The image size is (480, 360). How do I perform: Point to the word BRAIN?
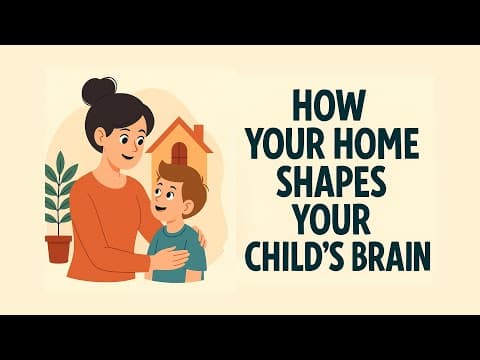coord(390,256)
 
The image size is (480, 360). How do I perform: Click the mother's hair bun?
coord(100,91)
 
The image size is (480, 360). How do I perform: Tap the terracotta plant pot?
coord(59,247)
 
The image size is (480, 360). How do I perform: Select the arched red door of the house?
coord(179,152)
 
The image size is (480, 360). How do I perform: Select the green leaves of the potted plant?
coord(60,190)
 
